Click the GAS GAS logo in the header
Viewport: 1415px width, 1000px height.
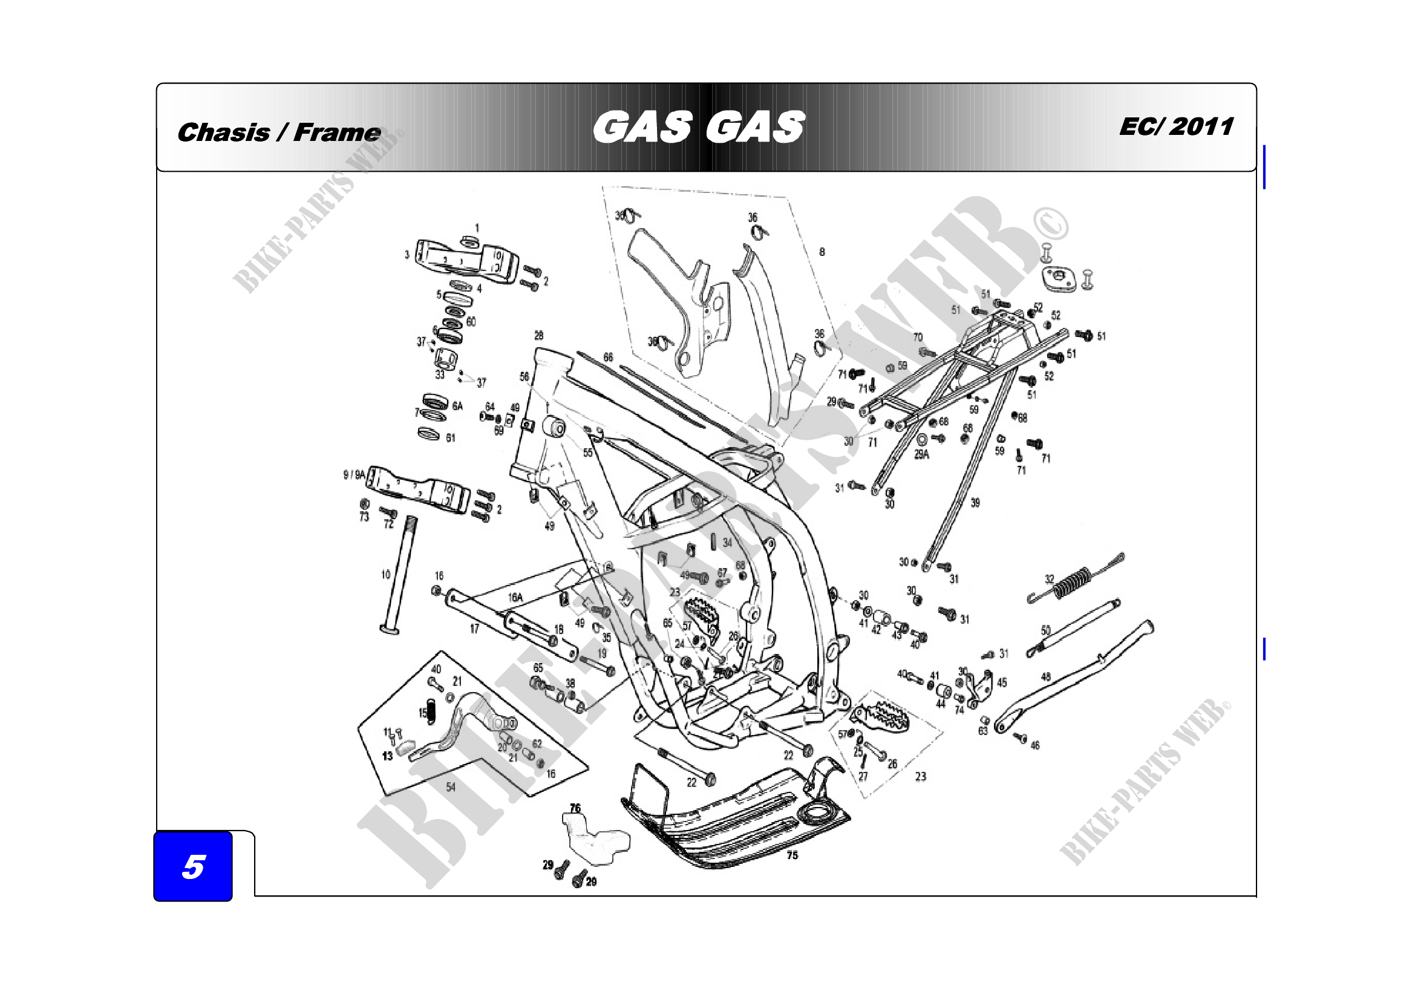698,127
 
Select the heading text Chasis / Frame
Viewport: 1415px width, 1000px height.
278,132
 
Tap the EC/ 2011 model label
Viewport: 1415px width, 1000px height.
1176,126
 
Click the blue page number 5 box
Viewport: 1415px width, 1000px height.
193,866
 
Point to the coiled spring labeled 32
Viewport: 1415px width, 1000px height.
1073,582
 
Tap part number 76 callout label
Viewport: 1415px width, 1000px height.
575,808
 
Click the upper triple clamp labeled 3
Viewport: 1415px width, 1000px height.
466,262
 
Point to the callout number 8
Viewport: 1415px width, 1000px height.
822,252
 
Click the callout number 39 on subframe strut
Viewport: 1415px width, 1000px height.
975,503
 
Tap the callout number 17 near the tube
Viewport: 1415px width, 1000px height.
474,629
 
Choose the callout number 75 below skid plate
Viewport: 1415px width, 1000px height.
792,855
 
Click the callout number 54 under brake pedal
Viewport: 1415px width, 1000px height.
451,787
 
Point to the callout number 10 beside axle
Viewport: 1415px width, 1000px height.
386,575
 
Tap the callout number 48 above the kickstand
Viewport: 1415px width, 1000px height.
1046,677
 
